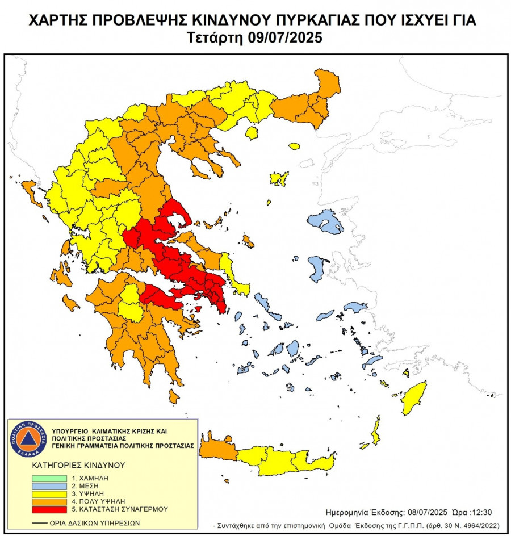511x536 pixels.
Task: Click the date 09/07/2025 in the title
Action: [286, 38]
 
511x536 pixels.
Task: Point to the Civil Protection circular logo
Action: [28, 438]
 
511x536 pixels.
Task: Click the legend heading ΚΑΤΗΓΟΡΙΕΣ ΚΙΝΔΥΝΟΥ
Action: [78, 464]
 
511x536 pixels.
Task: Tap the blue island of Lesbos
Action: [326, 221]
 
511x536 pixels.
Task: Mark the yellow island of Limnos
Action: [279, 179]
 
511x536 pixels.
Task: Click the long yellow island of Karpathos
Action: [375, 430]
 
